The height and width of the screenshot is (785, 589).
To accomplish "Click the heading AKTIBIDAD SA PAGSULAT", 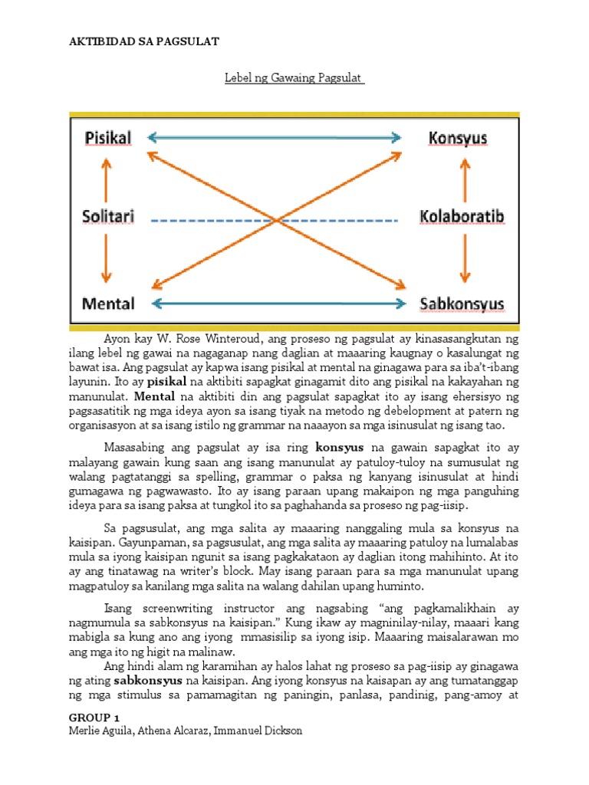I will click(144, 41).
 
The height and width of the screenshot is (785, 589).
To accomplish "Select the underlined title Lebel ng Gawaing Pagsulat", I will click(294, 79).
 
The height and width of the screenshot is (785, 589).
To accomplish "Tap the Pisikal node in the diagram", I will click(107, 138).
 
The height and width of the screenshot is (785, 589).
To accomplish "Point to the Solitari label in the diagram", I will click(108, 217).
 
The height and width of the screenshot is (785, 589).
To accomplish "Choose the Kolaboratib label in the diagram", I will click(462, 217).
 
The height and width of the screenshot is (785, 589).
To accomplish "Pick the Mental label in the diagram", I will click(107, 304).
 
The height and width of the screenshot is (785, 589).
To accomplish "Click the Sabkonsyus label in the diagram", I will click(462, 304).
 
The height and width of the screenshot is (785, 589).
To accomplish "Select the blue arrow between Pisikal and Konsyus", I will click(275, 138).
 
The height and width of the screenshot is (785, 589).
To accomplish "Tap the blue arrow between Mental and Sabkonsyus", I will click(279, 304).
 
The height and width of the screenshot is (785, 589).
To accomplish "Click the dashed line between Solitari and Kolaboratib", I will click(274, 221).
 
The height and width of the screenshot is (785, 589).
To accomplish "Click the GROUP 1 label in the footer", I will click(94, 718).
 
